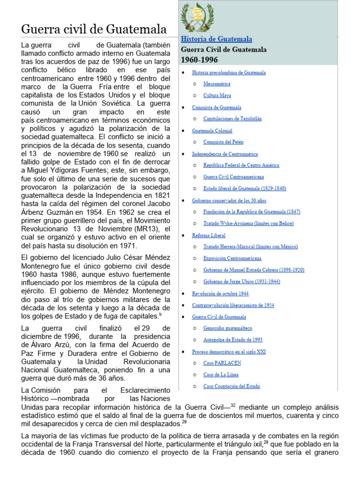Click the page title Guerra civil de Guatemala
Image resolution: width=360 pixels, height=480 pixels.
point(94,30)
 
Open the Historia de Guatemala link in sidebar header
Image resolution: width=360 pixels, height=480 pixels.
point(217,39)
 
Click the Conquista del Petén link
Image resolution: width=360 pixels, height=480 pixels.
point(223,142)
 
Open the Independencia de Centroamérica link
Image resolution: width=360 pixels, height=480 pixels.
point(225,154)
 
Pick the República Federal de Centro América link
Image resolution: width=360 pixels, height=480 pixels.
point(241,165)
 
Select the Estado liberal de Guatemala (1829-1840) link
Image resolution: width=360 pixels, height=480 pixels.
point(244,188)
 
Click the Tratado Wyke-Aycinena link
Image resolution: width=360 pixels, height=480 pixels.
point(248,223)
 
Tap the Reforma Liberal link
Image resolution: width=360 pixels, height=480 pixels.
point(209,235)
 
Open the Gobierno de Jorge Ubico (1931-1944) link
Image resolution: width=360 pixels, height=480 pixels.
point(241,282)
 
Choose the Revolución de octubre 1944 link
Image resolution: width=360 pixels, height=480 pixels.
point(220,293)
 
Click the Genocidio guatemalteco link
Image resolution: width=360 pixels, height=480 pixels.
point(227,328)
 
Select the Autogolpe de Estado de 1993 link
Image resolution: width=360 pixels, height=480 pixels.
point(232,340)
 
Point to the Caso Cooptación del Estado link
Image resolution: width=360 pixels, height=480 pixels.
point(232,386)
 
